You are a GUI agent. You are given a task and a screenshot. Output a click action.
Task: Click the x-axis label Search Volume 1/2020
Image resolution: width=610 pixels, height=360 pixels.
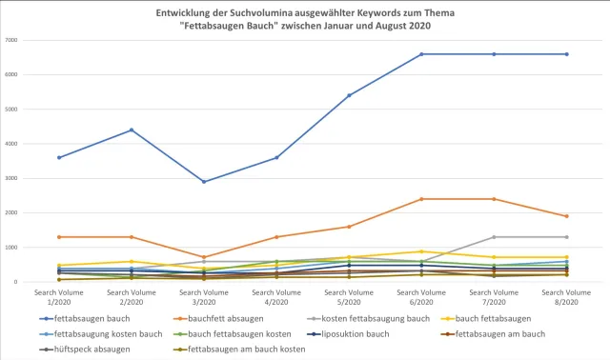click(59, 295)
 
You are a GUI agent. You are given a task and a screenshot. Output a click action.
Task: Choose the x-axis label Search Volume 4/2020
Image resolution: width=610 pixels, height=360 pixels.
click(276, 295)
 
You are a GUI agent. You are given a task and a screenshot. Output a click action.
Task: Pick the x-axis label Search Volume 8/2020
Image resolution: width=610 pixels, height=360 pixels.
click(566, 295)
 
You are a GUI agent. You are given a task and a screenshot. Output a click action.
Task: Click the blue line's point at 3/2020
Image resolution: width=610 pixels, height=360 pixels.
click(204, 182)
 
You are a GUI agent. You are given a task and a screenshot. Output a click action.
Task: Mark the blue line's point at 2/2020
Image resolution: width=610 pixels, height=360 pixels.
click(132, 130)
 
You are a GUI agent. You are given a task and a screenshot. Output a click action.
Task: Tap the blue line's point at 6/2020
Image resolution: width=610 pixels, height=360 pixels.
click(421, 54)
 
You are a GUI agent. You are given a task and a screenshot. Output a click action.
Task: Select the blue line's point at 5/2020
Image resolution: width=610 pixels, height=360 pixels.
click(349, 95)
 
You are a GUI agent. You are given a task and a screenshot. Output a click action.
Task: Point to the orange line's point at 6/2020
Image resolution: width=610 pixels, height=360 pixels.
click(421, 199)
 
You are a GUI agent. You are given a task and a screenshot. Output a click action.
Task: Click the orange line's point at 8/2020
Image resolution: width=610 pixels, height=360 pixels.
click(566, 216)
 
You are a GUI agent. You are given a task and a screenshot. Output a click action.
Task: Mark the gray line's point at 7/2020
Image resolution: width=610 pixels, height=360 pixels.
click(494, 237)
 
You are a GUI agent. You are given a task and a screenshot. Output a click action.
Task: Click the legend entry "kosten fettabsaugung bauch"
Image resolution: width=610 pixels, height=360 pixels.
click(367, 318)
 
